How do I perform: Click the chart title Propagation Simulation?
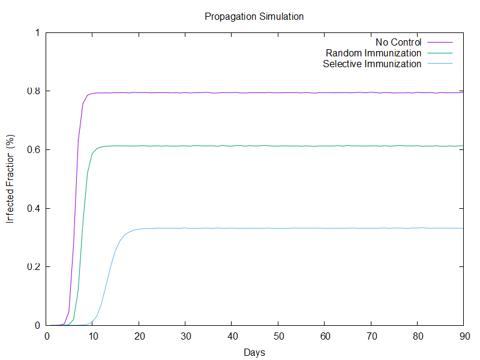pos(254,17)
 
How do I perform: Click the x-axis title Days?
pos(254,352)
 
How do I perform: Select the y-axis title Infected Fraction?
pos(10,180)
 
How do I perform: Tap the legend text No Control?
pos(398,42)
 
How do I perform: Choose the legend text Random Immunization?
pos(373,53)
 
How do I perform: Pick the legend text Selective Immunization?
pos(372,64)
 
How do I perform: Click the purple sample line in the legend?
pos(439,42)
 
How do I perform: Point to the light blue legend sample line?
pos(439,64)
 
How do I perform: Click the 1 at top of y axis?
pos(37,32)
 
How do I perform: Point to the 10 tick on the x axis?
pos(93,337)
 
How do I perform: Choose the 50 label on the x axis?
pos(278,337)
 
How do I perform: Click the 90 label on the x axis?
pos(463,337)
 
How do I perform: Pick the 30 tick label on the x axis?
pos(185,337)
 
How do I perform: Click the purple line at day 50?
pos(278,92)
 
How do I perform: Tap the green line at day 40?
pos(232,145)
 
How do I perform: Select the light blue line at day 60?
pos(324,228)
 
